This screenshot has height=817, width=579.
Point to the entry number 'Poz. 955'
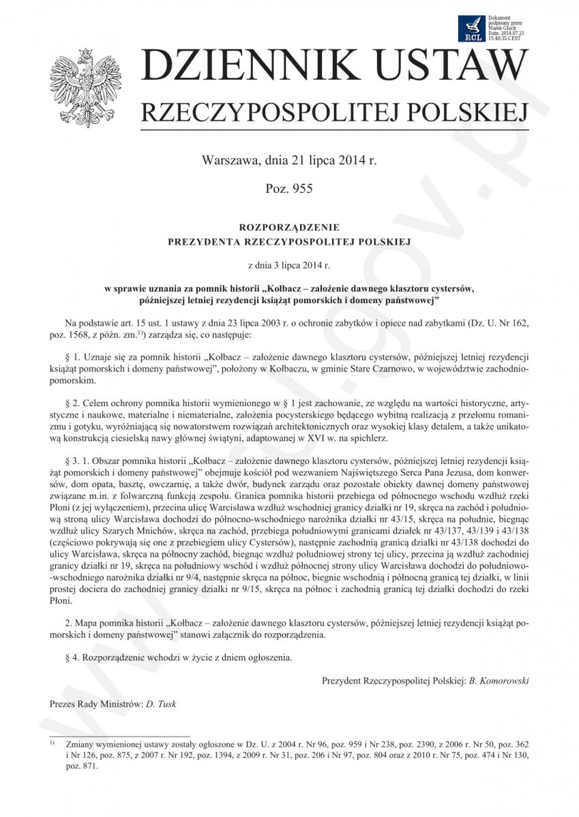click(x=288, y=189)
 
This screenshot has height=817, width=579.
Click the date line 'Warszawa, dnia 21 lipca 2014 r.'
click(x=289, y=161)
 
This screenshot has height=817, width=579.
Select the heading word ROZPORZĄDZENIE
click(x=289, y=228)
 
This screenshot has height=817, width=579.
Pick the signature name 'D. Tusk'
click(x=161, y=704)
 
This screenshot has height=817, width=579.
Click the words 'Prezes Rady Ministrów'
click(x=95, y=704)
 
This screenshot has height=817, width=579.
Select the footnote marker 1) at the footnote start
click(x=53, y=742)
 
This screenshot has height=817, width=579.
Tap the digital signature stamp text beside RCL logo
click(x=506, y=27)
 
